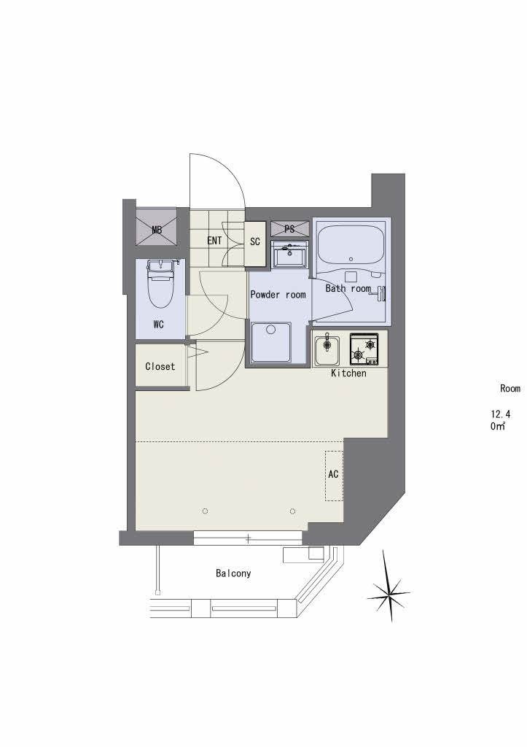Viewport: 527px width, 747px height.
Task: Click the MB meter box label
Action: (156, 231)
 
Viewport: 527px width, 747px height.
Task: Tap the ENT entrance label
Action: (214, 241)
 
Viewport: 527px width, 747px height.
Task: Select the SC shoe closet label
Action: (255, 241)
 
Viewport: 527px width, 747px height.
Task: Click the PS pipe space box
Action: (289, 229)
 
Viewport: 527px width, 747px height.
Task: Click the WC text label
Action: (158, 325)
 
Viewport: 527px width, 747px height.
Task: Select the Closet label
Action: (160, 366)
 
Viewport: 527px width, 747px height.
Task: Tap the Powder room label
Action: (278, 295)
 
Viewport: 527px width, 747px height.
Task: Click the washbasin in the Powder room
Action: (290, 255)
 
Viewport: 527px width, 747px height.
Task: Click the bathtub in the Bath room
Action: (351, 247)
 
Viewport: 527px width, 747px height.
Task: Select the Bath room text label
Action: (348, 289)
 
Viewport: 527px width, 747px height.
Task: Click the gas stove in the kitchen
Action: (364, 349)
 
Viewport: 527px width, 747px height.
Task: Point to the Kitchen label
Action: (348, 373)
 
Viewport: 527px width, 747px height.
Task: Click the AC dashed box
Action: (334, 475)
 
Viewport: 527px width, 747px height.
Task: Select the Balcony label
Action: (233, 573)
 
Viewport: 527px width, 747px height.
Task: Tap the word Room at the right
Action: (510, 388)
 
